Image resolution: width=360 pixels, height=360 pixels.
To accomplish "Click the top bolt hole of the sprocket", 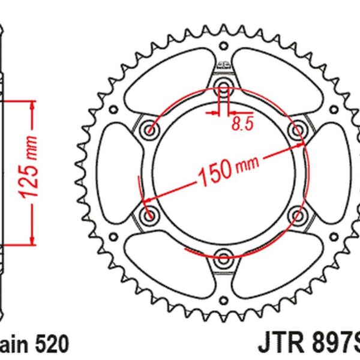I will (x=224, y=83).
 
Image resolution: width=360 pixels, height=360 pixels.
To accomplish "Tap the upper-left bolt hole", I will (x=148, y=129).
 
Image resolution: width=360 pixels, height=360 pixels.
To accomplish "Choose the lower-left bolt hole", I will (x=148, y=214).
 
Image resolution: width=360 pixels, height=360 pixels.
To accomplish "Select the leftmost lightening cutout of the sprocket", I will (x=114, y=171).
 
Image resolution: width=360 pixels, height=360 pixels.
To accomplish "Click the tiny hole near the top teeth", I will (x=224, y=45).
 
